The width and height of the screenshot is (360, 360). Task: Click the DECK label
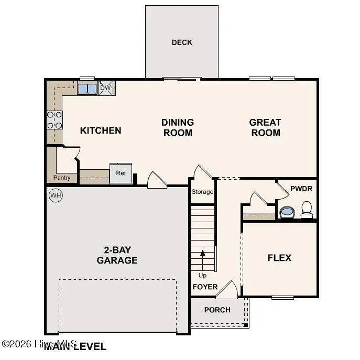click(182, 42)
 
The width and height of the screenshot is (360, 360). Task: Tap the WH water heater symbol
click(55, 195)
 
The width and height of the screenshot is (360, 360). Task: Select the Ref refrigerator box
click(121, 173)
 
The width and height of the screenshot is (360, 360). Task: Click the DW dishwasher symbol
click(106, 88)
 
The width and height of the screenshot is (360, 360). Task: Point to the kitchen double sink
click(88, 88)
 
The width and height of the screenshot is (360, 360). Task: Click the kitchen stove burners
click(54, 120)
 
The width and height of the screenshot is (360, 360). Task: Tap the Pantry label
click(62, 178)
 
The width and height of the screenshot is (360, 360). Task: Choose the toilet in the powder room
click(307, 210)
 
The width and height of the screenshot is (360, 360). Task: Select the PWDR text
click(302, 188)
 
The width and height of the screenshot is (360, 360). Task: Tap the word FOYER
click(205, 287)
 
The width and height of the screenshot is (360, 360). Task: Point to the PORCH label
click(217, 310)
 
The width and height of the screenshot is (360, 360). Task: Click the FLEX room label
click(279, 258)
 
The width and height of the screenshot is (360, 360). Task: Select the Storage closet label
click(202, 192)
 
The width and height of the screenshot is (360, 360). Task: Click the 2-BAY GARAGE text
click(117, 255)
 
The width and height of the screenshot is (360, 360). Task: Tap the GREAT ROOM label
click(265, 127)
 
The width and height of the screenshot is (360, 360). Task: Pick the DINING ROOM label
click(178, 127)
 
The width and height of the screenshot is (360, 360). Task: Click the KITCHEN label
click(101, 130)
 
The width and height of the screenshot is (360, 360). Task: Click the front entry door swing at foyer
click(227, 289)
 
